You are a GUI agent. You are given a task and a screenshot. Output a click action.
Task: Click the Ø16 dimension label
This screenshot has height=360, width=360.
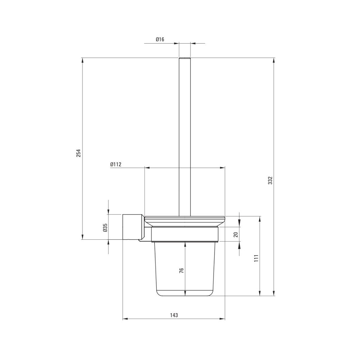pos(160,39)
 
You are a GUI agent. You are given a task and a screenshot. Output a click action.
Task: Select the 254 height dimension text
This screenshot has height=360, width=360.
pos(79,153)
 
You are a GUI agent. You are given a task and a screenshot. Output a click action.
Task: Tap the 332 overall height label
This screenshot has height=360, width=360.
pos(270,180)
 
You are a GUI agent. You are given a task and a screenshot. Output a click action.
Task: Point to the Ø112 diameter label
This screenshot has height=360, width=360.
pos(116,165)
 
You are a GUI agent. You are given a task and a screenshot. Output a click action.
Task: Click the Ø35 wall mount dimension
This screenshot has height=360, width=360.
pos(105,228)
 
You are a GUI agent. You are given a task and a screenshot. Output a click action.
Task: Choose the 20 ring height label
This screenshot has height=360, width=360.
pos(236,234)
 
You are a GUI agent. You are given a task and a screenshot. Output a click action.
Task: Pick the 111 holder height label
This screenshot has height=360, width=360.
pos(256,258)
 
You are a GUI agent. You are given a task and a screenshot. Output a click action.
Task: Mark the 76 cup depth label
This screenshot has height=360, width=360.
pos(181,270)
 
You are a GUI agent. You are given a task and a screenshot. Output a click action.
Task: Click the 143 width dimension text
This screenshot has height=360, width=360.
pos(174,315)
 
